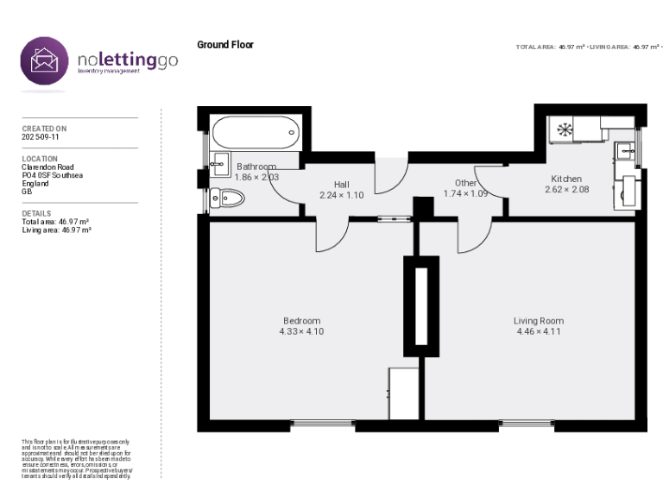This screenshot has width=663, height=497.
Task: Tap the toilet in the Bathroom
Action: tap(228, 199)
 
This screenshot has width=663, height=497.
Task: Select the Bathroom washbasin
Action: tap(221, 167)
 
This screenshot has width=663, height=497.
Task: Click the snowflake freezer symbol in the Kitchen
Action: tap(565, 130)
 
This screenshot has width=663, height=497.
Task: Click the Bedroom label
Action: tap(301, 321)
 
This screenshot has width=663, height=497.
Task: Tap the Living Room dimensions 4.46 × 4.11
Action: tap(539, 331)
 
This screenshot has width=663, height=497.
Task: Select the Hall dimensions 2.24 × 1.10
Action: tap(341, 195)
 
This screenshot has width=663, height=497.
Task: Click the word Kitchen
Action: tap(566, 179)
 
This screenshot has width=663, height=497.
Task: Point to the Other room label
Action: tap(465, 183)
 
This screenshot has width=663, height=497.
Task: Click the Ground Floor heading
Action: tap(225, 45)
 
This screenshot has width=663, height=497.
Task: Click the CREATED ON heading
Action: tap(44, 129)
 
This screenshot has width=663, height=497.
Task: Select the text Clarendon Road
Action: tap(47, 167)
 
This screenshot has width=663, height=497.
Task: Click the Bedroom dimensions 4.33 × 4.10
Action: tap(301, 331)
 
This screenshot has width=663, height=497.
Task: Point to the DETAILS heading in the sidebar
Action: tap(36, 213)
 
